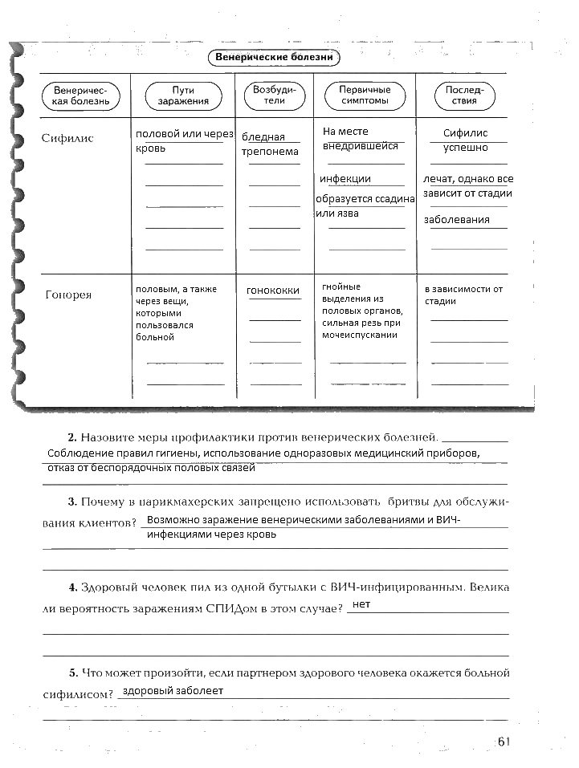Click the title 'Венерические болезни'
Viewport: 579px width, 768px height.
pyautogui.click(x=273, y=58)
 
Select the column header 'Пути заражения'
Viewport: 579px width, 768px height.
pyautogui.click(x=183, y=96)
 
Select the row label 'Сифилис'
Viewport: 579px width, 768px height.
pyautogui.click(x=67, y=138)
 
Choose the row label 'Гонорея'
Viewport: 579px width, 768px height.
pyautogui.click(x=68, y=295)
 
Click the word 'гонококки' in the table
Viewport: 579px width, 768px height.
pyautogui.click(x=273, y=291)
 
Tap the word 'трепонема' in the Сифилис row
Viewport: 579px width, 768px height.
pyautogui.click(x=270, y=151)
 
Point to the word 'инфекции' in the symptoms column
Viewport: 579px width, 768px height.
pyautogui.click(x=345, y=179)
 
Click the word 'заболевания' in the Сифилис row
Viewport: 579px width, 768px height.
pyautogui.click(x=457, y=219)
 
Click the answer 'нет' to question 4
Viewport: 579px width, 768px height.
pyautogui.click(x=361, y=604)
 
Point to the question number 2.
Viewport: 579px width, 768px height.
pyautogui.click(x=72, y=437)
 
